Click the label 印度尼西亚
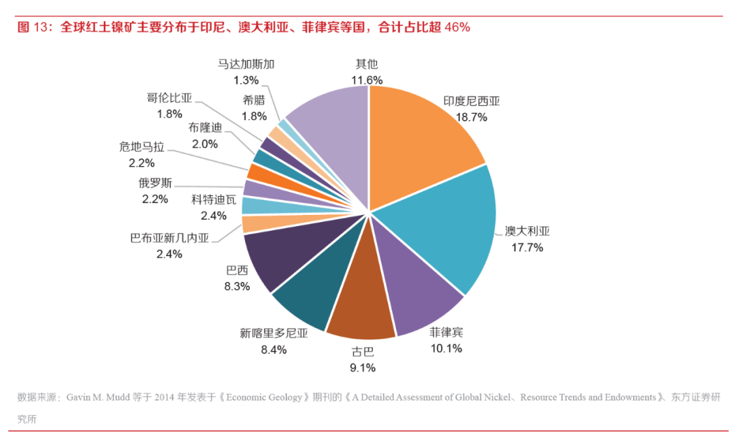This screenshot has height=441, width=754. [x=472, y=101]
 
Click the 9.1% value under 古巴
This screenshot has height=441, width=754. [x=362, y=367]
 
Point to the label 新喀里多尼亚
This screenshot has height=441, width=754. [x=274, y=334]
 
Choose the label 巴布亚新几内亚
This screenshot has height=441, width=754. [x=170, y=238]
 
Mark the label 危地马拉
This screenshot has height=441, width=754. [x=142, y=147]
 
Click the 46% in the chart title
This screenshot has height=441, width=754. [x=457, y=27]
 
